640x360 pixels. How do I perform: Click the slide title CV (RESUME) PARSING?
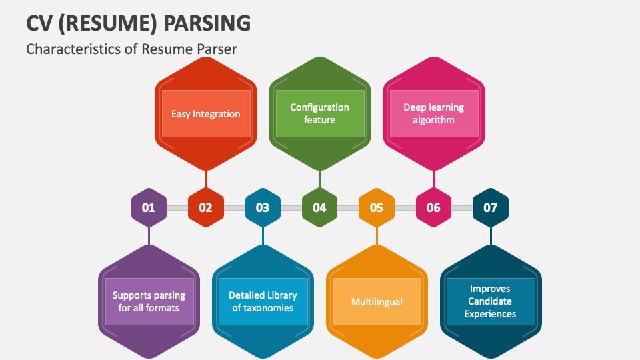point(139,22)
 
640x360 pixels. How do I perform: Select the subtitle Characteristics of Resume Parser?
point(131,49)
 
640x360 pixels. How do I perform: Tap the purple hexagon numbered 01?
point(149,208)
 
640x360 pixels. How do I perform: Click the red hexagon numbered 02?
point(205,208)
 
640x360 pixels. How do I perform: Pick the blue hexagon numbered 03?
point(263,208)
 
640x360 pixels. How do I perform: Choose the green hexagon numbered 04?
point(320,208)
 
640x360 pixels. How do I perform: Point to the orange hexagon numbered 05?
point(377,208)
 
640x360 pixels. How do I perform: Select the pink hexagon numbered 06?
point(433,208)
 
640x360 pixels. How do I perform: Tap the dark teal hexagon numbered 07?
point(491,208)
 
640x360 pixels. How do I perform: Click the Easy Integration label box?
point(206,114)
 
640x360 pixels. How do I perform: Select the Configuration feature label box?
point(320,114)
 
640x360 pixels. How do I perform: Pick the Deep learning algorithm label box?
point(433,114)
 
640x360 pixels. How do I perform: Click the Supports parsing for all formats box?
point(149,301)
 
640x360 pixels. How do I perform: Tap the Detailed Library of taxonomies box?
point(263,301)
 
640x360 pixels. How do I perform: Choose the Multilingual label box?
point(377,301)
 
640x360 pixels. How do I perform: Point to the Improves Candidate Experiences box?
point(491,301)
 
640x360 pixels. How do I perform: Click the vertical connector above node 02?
point(206,179)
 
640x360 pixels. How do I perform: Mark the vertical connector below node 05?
point(377,236)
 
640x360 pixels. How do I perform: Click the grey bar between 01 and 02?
point(177,208)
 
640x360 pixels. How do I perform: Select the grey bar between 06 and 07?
point(462,208)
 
